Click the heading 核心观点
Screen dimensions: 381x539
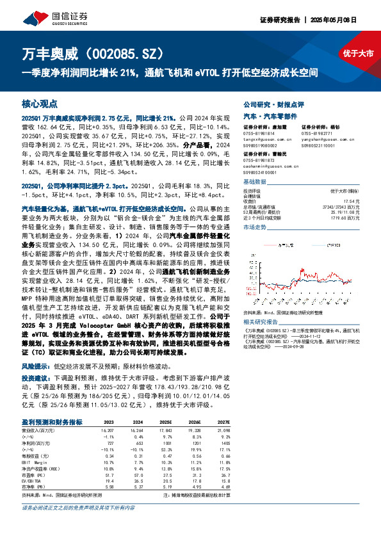click(40, 103)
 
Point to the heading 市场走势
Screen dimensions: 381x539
click(255, 227)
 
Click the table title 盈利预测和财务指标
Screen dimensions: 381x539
click(52, 422)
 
